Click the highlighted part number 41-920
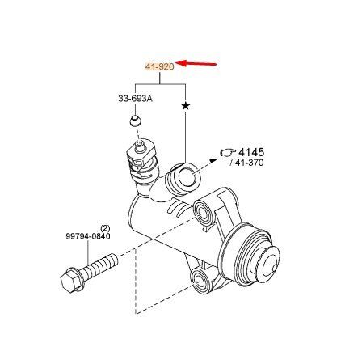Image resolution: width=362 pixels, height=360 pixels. tap(160, 66)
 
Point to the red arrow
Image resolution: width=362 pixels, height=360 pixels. tap(196, 64)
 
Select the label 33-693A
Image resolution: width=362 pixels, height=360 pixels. tap(135, 99)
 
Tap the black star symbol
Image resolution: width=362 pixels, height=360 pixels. tap(185, 106)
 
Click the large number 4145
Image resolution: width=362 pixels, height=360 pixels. tap(251, 152)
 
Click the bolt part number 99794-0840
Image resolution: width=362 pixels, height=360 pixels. tap(88, 236)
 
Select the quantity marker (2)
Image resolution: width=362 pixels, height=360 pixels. tap(105, 228)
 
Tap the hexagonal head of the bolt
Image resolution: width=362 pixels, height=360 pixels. tap(69, 281)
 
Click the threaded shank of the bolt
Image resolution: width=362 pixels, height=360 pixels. tap(99, 265)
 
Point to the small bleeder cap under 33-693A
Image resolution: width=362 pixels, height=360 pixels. tap(135, 121)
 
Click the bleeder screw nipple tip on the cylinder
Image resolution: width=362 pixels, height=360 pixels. tap(139, 146)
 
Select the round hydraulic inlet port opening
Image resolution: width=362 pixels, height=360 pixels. tap(187, 177)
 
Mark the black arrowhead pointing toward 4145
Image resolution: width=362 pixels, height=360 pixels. tap(214, 161)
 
